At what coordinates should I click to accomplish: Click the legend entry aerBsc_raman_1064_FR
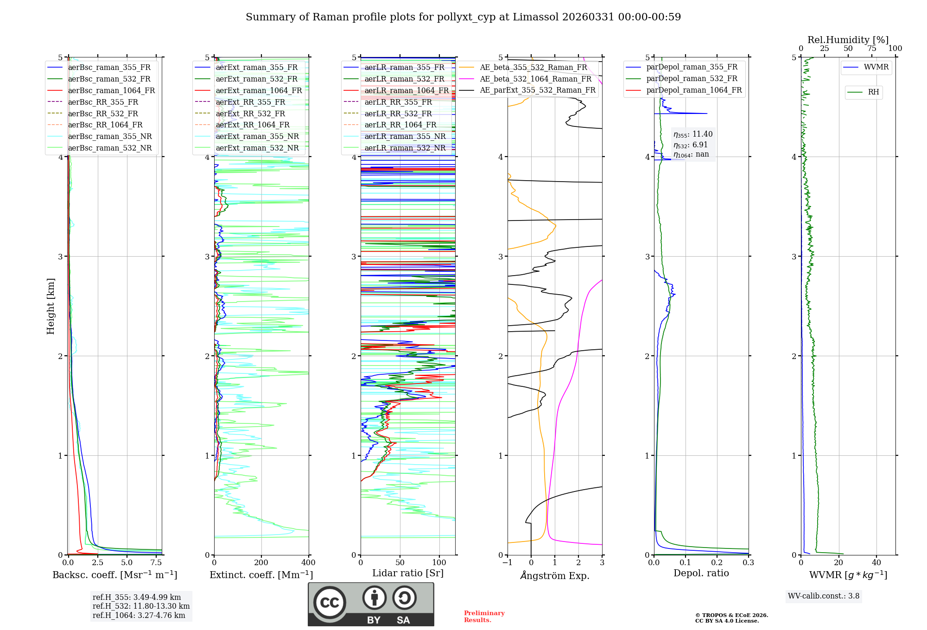(111, 91)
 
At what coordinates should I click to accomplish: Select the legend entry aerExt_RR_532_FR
(250, 113)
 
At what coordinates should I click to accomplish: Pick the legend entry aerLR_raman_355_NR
(405, 136)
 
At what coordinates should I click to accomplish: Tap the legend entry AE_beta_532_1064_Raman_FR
(535, 79)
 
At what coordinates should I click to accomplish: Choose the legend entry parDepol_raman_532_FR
(692, 79)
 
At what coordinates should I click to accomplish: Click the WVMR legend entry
(876, 67)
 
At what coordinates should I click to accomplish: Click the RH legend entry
(873, 92)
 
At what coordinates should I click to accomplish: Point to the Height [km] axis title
(51, 306)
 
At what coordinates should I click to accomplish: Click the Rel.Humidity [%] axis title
(848, 40)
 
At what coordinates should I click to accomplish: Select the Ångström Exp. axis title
(555, 575)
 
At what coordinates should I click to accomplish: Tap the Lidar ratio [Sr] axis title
(408, 573)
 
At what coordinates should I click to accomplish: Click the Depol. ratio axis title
(701, 573)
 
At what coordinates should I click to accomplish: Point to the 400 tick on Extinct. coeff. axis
(309, 563)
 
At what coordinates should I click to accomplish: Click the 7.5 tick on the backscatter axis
(156, 563)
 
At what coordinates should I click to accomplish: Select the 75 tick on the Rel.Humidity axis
(872, 49)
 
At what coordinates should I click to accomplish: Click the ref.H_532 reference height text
(141, 606)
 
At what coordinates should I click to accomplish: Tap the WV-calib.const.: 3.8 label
(824, 596)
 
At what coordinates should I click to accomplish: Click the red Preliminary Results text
(484, 617)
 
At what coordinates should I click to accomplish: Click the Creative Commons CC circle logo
(330, 603)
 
